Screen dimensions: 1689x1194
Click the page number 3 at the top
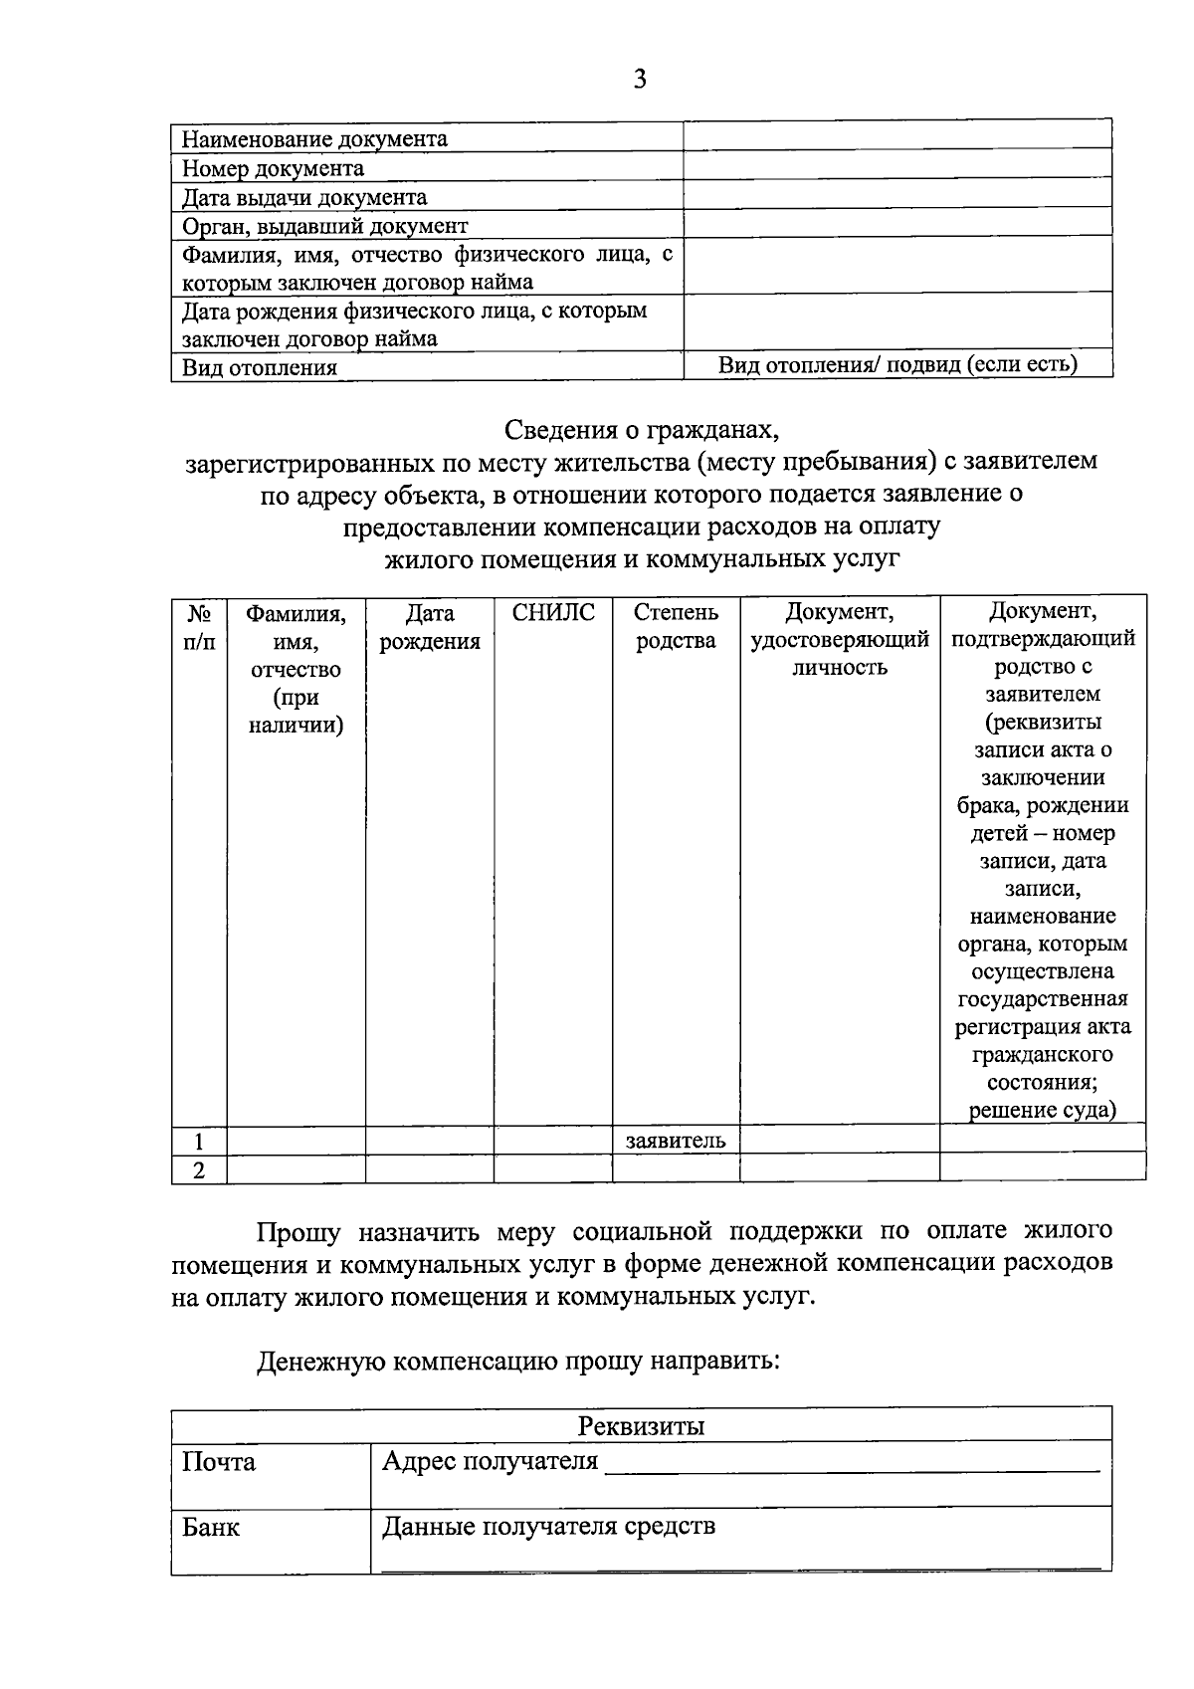[x=639, y=80]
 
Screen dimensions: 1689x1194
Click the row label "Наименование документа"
[x=314, y=139]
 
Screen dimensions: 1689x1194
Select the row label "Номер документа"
[x=273, y=168]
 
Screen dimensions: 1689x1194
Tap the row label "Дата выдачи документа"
[x=304, y=197]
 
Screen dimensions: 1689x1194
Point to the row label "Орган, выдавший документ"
[x=324, y=226]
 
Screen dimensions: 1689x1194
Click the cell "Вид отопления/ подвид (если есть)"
[x=897, y=364]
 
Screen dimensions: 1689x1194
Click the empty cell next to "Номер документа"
[x=897, y=164]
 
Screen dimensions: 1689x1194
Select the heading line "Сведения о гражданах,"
[x=641, y=430]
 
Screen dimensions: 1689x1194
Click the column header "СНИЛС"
[x=553, y=613]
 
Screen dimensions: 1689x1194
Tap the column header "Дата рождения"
[x=430, y=627]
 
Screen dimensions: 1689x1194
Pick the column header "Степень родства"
[x=676, y=626]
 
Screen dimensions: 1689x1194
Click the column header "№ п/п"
[x=199, y=627]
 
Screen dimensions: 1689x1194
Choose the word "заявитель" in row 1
[x=676, y=1141]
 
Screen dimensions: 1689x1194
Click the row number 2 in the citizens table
[x=199, y=1170]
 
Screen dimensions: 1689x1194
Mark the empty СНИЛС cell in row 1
[x=553, y=1141]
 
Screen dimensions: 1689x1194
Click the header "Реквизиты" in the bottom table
[x=641, y=1426]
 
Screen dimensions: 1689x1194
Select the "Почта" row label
[x=219, y=1462]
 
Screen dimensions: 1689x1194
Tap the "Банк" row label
[x=211, y=1527]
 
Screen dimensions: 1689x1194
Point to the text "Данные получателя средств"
[x=548, y=1527]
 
